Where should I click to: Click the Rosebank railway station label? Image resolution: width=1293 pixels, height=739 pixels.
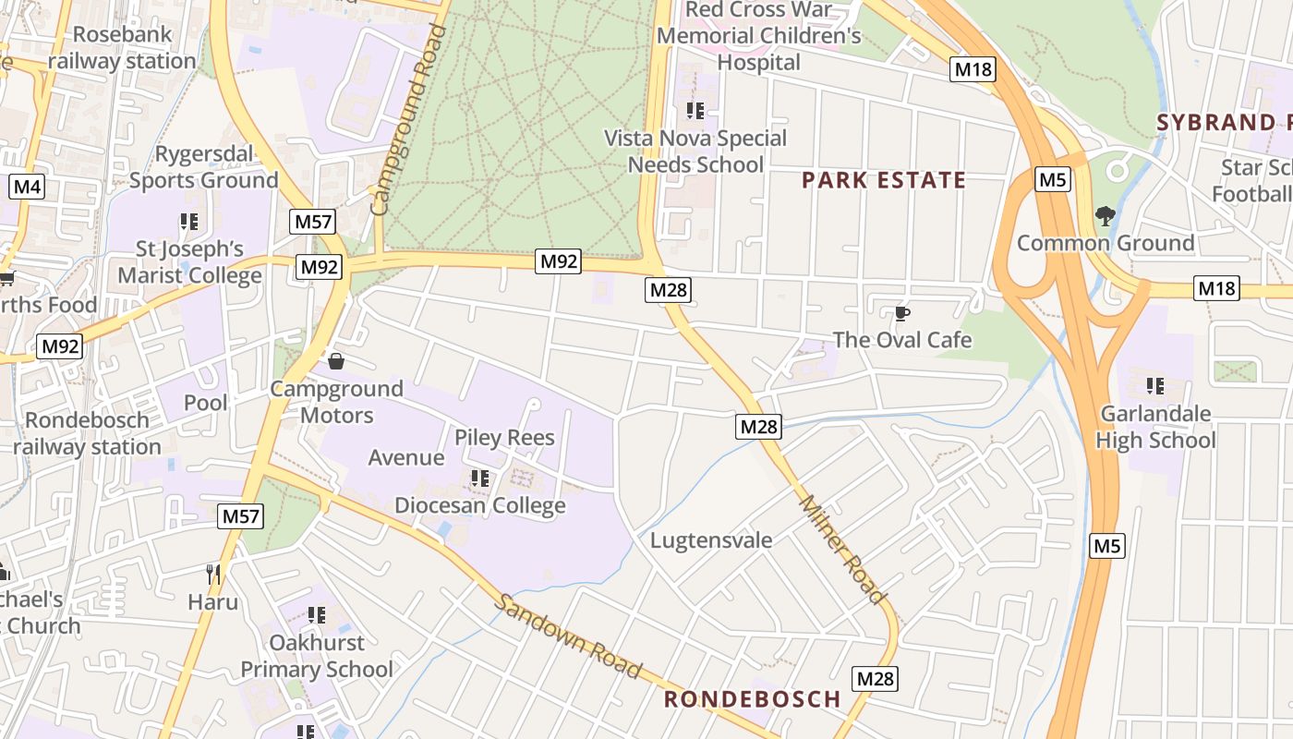(122, 48)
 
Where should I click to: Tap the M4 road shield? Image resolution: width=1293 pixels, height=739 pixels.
(27, 188)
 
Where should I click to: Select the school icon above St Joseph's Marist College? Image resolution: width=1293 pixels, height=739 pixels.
(189, 222)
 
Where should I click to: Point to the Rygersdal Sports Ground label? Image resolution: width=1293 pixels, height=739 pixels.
(203, 167)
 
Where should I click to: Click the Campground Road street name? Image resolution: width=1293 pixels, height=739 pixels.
(408, 120)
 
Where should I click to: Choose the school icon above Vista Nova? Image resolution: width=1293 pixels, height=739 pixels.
(695, 111)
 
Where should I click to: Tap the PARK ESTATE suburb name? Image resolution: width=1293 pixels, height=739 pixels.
(883, 180)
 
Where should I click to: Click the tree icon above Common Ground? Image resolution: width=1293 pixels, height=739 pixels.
(1105, 216)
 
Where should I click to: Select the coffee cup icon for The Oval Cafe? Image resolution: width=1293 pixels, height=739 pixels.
(902, 314)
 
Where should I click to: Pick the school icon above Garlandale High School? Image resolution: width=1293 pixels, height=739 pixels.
(1154, 385)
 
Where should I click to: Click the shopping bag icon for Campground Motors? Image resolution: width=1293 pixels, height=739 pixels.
(336, 361)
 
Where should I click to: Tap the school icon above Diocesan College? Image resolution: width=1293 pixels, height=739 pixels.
(479, 479)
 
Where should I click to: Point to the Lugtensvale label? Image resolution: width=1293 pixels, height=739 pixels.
(711, 540)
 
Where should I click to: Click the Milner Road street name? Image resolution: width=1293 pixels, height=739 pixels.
(841, 550)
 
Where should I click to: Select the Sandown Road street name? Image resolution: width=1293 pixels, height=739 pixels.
(568, 636)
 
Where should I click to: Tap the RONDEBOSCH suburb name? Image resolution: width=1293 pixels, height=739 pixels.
(753, 699)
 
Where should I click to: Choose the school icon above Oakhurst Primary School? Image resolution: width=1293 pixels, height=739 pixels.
(317, 615)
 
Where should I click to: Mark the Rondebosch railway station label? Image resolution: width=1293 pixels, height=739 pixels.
(87, 433)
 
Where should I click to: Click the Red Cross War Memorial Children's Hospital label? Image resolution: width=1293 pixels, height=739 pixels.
(759, 36)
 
